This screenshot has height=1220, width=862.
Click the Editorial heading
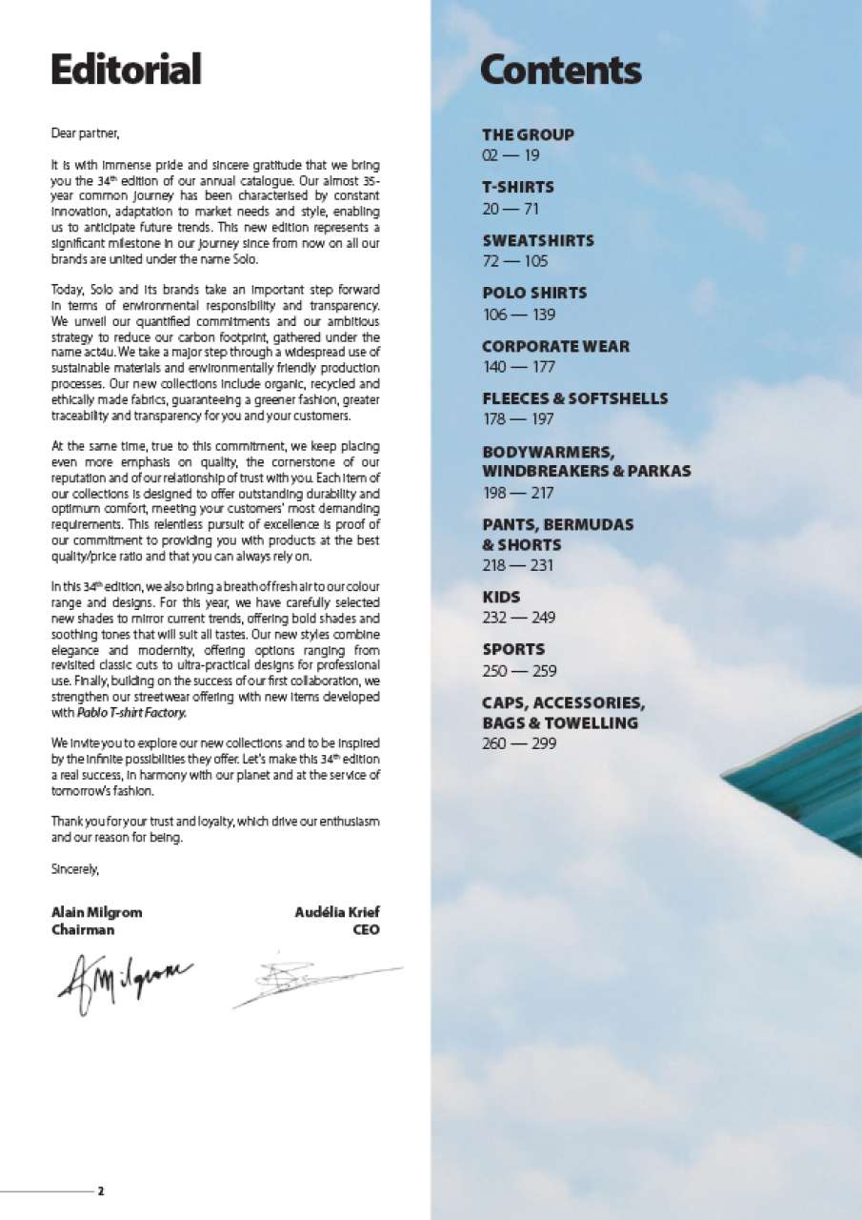pos(126,70)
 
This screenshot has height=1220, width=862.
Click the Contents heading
pos(560,70)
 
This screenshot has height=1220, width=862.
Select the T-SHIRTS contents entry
pos(517,187)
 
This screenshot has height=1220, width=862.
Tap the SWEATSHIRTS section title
pos(537,240)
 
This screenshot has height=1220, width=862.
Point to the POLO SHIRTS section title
pos(533,293)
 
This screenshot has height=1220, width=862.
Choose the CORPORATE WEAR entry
pos(555,346)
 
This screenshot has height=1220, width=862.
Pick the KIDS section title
pos(501,597)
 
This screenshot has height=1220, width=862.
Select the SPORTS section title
pos(513,649)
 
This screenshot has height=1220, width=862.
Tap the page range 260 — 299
pos(519,743)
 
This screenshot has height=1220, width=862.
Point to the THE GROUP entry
pos(528,134)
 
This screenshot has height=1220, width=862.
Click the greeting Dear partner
pos(86,133)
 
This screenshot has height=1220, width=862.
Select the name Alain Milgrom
pos(96,912)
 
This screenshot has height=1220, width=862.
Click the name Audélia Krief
pos(337,912)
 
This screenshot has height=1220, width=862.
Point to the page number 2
pos(100,1191)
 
